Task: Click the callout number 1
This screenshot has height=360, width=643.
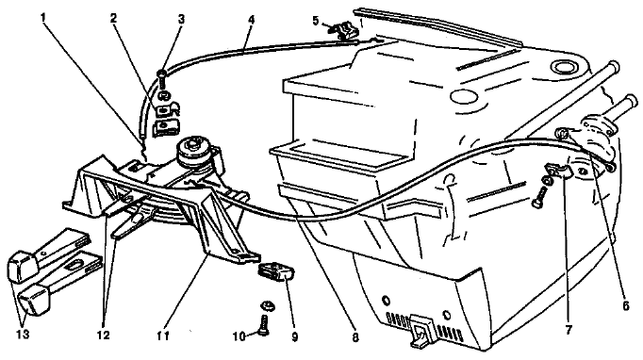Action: pos(44,17)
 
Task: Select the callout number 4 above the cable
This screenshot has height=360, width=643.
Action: pos(251,19)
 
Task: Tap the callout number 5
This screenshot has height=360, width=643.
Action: pos(315,21)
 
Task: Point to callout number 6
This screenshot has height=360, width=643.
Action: pos(625,306)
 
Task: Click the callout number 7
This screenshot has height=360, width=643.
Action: pos(569,329)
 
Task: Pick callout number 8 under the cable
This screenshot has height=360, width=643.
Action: pos(355,337)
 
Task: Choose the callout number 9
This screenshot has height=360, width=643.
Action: pos(294,336)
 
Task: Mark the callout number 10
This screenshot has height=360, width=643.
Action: pos(239,336)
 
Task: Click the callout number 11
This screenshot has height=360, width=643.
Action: pos(163,335)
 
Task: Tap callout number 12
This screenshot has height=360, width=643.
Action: pos(104,335)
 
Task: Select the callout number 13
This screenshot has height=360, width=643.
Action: pos(24,335)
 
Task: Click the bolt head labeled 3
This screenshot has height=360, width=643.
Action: pos(161,74)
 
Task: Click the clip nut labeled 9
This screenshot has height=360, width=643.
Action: pos(277,271)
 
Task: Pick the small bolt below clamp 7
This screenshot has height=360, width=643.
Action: pos(539,198)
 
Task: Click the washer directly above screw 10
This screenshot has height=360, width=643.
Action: pos(267,304)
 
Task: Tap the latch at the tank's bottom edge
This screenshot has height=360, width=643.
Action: pos(421,329)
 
